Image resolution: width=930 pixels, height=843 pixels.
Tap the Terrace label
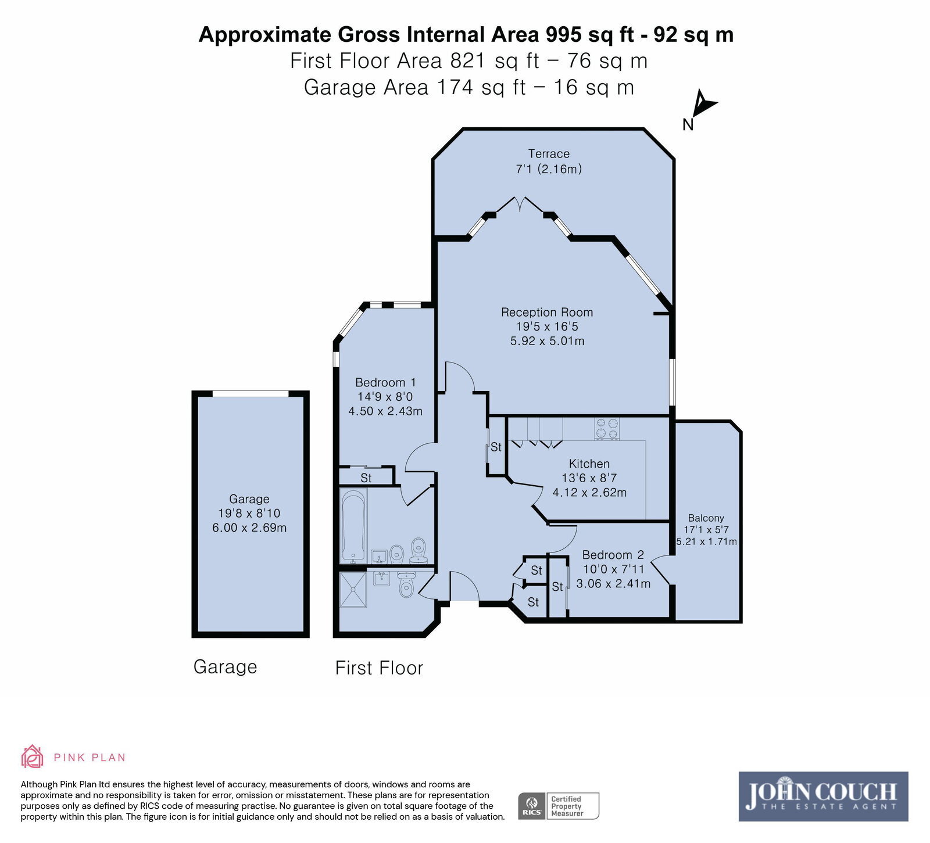pyautogui.click(x=549, y=154)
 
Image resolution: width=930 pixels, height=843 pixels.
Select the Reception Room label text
pyautogui.click(x=547, y=313)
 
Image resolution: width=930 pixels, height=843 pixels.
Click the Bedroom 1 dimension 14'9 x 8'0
pyautogui.click(x=385, y=397)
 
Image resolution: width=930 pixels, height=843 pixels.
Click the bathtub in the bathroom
pyautogui.click(x=353, y=526)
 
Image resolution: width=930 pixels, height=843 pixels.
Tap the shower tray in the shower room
pyautogui.click(x=353, y=589)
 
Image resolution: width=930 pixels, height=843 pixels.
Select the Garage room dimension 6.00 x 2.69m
pyautogui.click(x=249, y=528)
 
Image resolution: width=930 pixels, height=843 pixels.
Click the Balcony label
pyautogui.click(x=706, y=518)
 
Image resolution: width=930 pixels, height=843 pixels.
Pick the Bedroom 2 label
pyautogui.click(x=613, y=555)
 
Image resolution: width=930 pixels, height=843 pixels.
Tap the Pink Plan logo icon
pyautogui.click(x=32, y=756)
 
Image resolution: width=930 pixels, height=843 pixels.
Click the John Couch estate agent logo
pyautogui.click(x=823, y=796)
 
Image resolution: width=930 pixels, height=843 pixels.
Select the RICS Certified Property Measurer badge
pyautogui.click(x=558, y=806)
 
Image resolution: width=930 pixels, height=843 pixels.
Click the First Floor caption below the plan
pyautogui.click(x=379, y=668)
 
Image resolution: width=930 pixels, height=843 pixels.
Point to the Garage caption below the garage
pyautogui.click(x=225, y=667)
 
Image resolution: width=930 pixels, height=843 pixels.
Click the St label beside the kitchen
pyautogui.click(x=496, y=447)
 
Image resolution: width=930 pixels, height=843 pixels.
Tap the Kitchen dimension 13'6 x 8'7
pyautogui.click(x=589, y=478)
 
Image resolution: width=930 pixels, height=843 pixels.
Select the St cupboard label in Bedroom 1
pyautogui.click(x=366, y=478)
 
